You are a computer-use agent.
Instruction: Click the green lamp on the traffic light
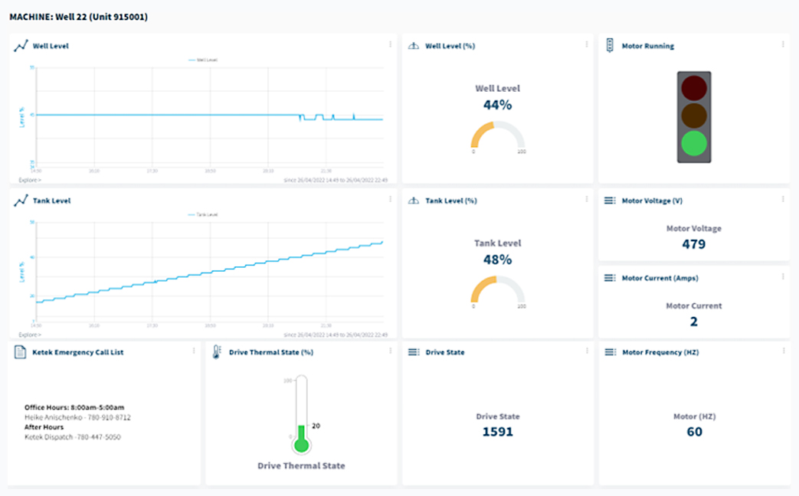(x=694, y=143)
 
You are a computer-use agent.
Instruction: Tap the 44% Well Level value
(x=497, y=105)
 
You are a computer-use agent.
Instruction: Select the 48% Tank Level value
(x=497, y=259)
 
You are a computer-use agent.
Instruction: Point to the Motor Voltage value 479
(x=693, y=244)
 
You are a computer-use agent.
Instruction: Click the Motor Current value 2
(x=693, y=321)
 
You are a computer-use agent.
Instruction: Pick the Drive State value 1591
(x=497, y=432)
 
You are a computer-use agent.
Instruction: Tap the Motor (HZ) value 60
(x=693, y=432)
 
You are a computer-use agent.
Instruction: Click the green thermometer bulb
(x=301, y=445)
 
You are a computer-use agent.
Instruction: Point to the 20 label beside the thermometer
(x=316, y=426)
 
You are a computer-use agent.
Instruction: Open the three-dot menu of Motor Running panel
(x=783, y=44)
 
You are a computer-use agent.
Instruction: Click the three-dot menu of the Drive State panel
(x=587, y=351)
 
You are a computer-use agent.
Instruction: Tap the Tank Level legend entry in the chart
(x=203, y=215)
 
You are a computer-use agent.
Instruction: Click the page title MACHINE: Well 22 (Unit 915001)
(x=78, y=16)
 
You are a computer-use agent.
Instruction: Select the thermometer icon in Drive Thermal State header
(x=217, y=352)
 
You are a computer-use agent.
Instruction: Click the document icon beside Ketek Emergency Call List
(x=21, y=352)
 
